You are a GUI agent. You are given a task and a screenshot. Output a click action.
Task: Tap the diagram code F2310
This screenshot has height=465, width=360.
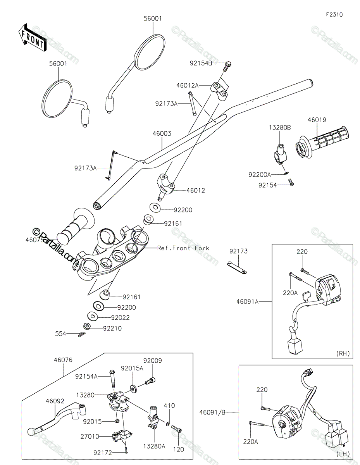click(x=334, y=15)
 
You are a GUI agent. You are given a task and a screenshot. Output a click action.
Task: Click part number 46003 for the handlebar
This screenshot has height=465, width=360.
click(x=162, y=134)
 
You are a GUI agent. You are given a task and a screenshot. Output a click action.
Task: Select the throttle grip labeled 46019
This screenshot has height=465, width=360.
click(x=322, y=142)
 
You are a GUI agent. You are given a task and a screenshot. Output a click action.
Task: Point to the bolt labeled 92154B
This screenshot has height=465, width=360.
click(x=227, y=67)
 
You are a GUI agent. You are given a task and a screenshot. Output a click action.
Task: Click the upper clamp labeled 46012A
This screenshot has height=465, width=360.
click(x=219, y=90)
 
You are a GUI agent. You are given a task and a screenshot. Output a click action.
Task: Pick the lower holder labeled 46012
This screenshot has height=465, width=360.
click(x=166, y=186)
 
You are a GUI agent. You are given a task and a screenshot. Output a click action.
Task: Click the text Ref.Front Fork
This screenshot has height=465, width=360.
click(x=183, y=248)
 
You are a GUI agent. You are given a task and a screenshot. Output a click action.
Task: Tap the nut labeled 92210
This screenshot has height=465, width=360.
click(x=87, y=326)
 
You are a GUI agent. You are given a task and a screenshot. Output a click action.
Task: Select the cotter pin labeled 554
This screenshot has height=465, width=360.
click(x=82, y=334)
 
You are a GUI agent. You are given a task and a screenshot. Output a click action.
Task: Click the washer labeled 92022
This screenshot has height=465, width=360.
click(x=92, y=316)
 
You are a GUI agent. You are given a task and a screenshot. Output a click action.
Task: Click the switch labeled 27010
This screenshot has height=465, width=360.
click(x=121, y=435)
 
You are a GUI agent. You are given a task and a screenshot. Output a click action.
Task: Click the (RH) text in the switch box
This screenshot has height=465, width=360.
click(x=343, y=353)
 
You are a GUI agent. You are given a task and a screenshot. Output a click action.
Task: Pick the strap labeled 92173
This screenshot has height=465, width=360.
click(x=237, y=267)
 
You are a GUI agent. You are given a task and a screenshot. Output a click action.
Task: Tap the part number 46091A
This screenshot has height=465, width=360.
click(x=247, y=301)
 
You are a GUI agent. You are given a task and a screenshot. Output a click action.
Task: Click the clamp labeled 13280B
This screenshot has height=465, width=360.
click(x=280, y=155)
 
